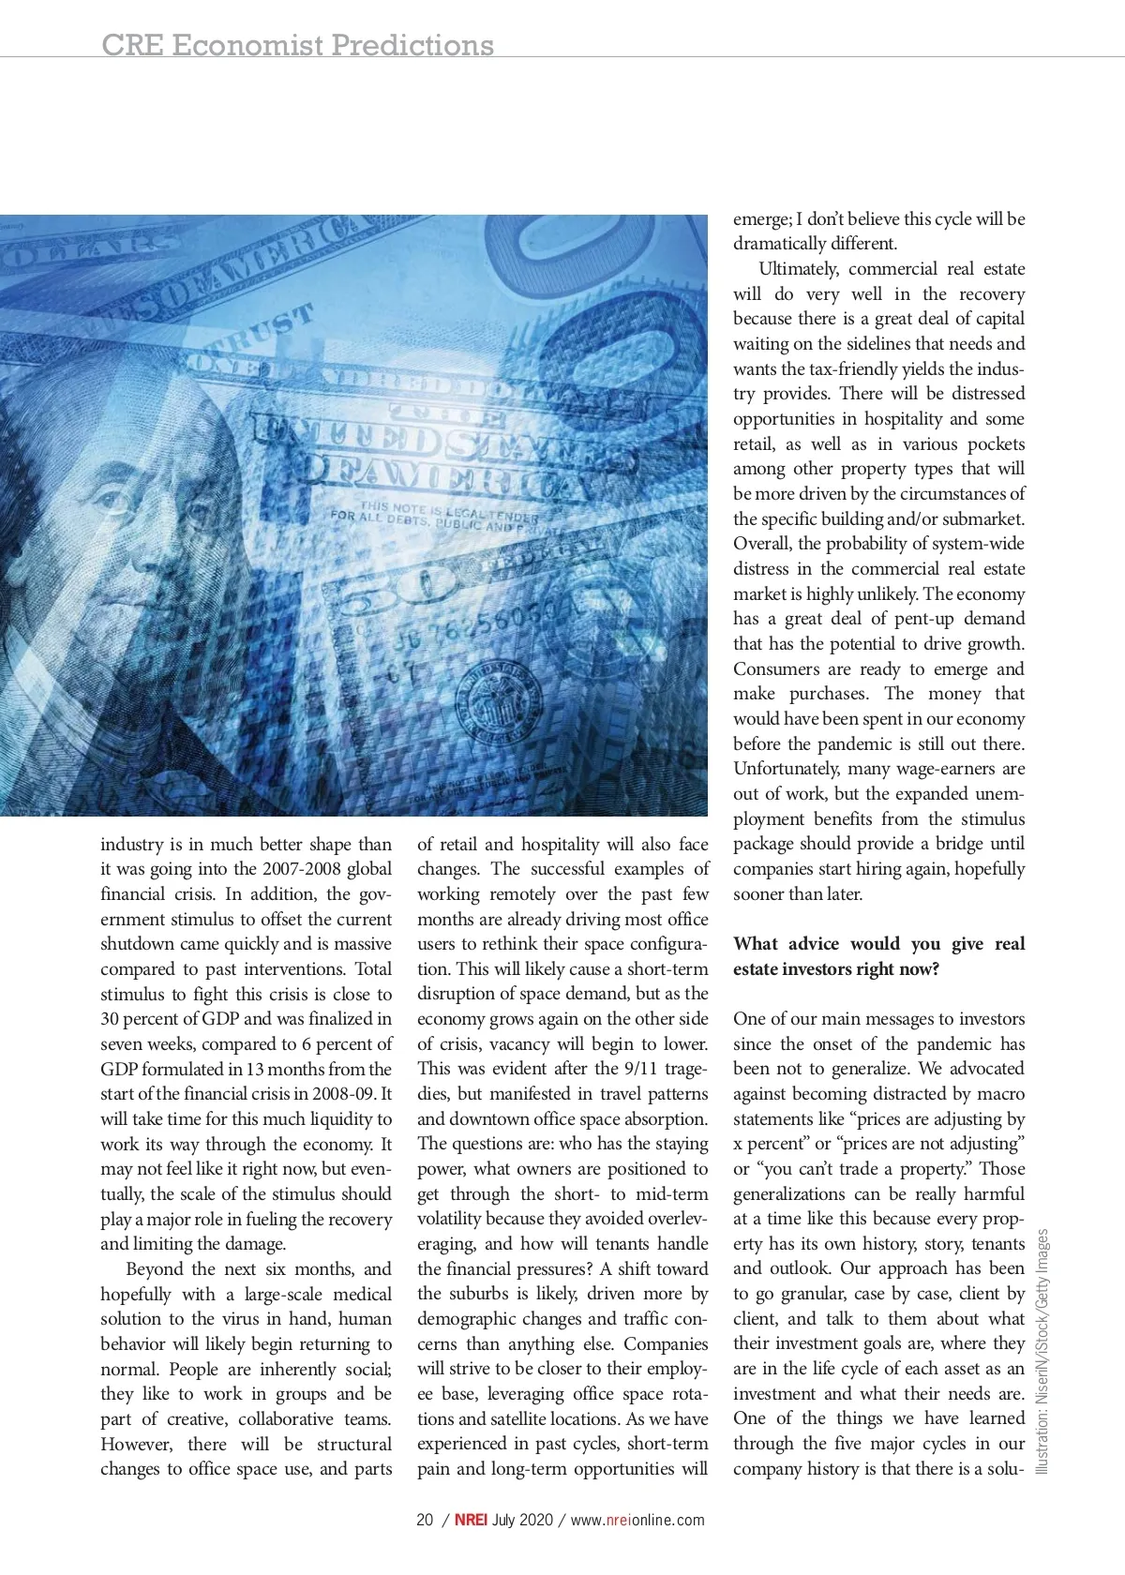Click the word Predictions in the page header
412,44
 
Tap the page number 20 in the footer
425,1521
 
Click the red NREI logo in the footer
471,1521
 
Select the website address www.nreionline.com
637,1521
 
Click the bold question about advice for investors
878,956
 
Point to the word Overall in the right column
761,544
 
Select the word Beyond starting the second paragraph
157,1269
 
